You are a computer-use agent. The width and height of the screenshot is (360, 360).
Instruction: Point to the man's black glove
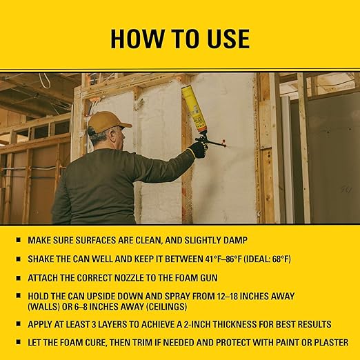coord(198,148)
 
